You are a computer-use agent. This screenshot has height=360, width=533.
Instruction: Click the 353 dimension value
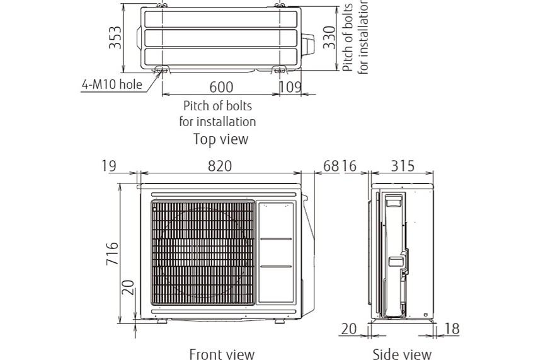[x=115, y=37]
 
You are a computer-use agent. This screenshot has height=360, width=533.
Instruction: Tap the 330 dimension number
[x=329, y=37]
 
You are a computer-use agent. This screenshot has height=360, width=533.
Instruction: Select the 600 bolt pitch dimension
[x=221, y=87]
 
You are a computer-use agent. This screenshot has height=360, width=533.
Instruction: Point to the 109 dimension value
[x=290, y=87]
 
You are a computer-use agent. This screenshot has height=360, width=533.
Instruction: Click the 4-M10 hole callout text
[x=112, y=84]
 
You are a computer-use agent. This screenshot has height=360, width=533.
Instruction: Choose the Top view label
[x=221, y=139]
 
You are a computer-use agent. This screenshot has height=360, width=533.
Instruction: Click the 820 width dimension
[x=220, y=166]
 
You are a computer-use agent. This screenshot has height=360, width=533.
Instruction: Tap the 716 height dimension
[x=112, y=253]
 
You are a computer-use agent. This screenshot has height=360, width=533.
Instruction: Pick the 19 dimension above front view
[x=109, y=166]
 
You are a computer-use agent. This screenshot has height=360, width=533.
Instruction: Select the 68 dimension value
[x=331, y=166]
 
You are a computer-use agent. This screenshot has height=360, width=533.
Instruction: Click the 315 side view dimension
[x=403, y=166]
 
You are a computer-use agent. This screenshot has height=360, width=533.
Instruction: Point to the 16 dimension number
[x=349, y=166]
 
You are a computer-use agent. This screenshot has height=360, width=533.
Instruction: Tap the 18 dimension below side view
[x=452, y=329]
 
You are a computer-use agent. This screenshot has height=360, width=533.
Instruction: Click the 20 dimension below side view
[x=349, y=329]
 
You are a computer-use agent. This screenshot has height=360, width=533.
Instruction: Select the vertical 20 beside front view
[x=128, y=287]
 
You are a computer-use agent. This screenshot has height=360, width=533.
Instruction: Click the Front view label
[x=222, y=354]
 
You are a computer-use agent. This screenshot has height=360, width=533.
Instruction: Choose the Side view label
[x=402, y=354]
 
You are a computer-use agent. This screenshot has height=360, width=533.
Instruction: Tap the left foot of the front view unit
[x=162, y=321]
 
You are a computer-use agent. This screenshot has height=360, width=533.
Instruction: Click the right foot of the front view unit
[x=280, y=321]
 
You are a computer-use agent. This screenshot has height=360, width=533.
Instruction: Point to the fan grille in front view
[x=203, y=252]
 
